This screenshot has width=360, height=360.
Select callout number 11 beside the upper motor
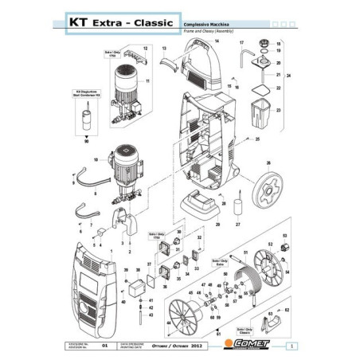(x=147, y=81)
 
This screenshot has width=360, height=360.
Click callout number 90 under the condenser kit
(x=86, y=140)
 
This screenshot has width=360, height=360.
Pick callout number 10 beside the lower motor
(x=95, y=160)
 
